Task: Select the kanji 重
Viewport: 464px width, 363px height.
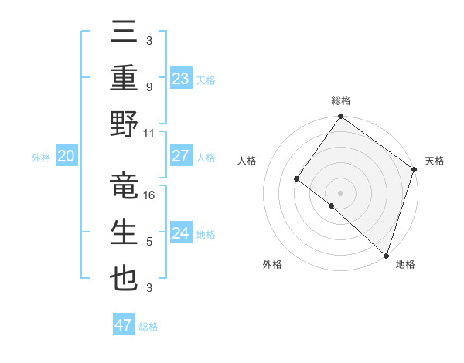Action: click(124, 79)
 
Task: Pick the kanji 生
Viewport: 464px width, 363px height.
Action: click(124, 232)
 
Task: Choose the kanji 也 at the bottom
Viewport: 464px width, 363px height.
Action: click(124, 278)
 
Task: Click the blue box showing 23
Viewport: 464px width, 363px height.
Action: click(180, 79)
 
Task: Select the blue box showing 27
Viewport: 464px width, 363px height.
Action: click(180, 156)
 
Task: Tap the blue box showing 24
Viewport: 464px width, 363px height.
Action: click(180, 233)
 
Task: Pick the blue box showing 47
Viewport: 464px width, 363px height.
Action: click(123, 325)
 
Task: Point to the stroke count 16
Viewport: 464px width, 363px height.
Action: click(150, 195)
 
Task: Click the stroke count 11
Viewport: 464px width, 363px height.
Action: click(149, 133)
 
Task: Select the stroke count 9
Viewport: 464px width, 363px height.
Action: click(148, 87)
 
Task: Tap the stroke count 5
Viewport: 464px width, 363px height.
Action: click(148, 241)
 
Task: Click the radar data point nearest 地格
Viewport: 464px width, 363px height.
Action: click(385, 255)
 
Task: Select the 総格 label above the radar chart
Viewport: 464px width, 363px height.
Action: click(341, 100)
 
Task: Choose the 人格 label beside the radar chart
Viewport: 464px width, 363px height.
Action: click(247, 161)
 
